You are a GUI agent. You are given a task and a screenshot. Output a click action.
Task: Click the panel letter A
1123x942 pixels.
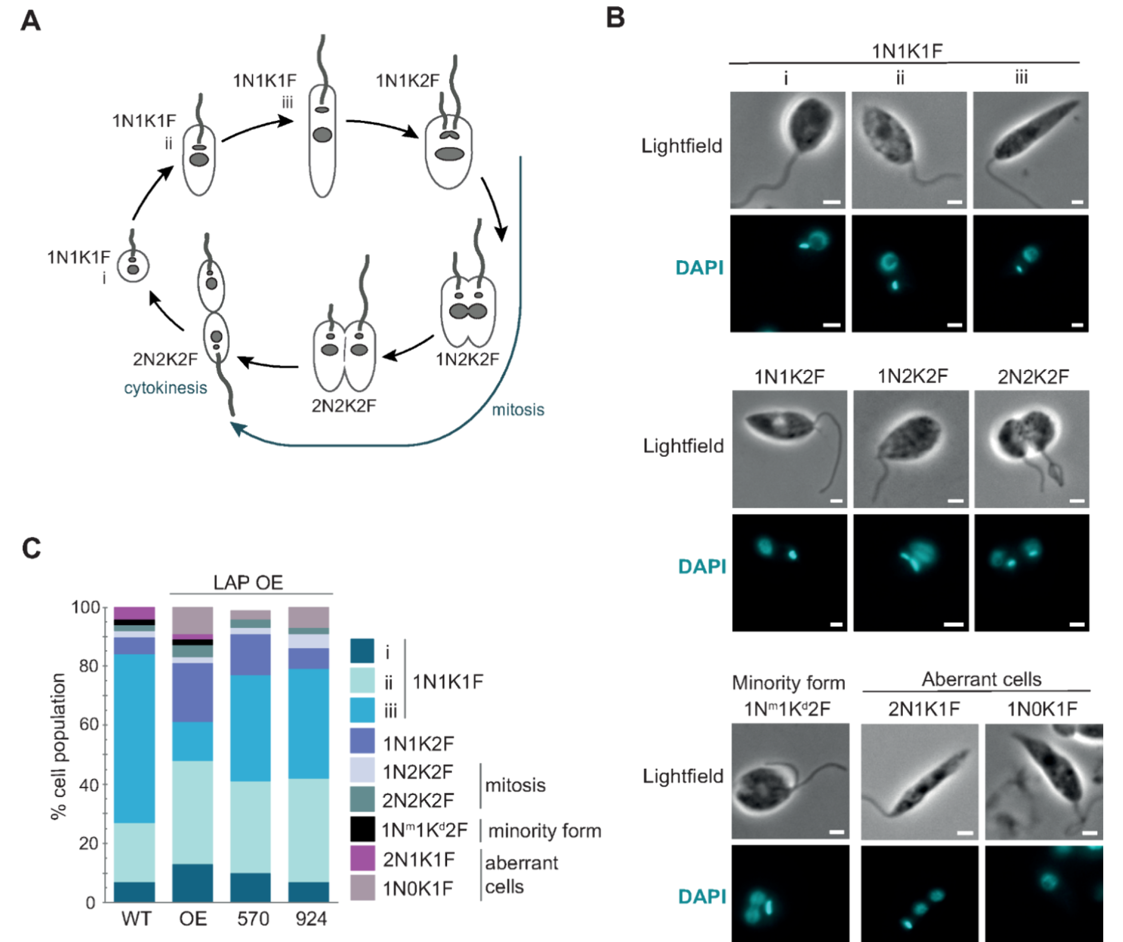click(31, 21)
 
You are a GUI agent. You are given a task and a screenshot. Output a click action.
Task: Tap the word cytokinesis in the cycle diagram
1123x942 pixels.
click(165, 388)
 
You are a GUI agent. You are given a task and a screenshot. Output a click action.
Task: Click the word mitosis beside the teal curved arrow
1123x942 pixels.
click(518, 409)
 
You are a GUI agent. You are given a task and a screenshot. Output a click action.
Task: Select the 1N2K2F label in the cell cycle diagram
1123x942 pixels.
click(467, 359)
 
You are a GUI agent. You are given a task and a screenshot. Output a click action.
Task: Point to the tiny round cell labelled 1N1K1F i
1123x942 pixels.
click(133, 266)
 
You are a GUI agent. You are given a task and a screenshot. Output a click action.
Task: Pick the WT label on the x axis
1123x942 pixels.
click(136, 918)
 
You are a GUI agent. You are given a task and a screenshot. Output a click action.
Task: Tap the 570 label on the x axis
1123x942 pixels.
click(252, 918)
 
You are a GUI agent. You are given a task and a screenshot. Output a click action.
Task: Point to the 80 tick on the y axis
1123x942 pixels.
click(86, 666)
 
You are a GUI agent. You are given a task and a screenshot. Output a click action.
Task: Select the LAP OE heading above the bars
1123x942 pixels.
click(248, 582)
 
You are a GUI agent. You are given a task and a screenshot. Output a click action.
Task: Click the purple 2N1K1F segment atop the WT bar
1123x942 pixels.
click(134, 613)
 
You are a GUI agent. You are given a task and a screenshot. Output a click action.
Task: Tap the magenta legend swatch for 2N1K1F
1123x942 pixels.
click(362, 859)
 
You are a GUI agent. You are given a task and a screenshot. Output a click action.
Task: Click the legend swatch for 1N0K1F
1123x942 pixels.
click(362, 887)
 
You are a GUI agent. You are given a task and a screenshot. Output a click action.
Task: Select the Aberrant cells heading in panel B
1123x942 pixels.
click(981, 679)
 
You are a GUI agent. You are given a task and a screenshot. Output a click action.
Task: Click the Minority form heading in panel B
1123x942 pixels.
click(788, 683)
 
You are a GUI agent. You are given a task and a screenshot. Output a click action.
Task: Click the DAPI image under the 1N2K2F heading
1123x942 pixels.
click(911, 573)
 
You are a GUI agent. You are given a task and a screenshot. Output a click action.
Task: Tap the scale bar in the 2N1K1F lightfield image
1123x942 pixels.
click(965, 832)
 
